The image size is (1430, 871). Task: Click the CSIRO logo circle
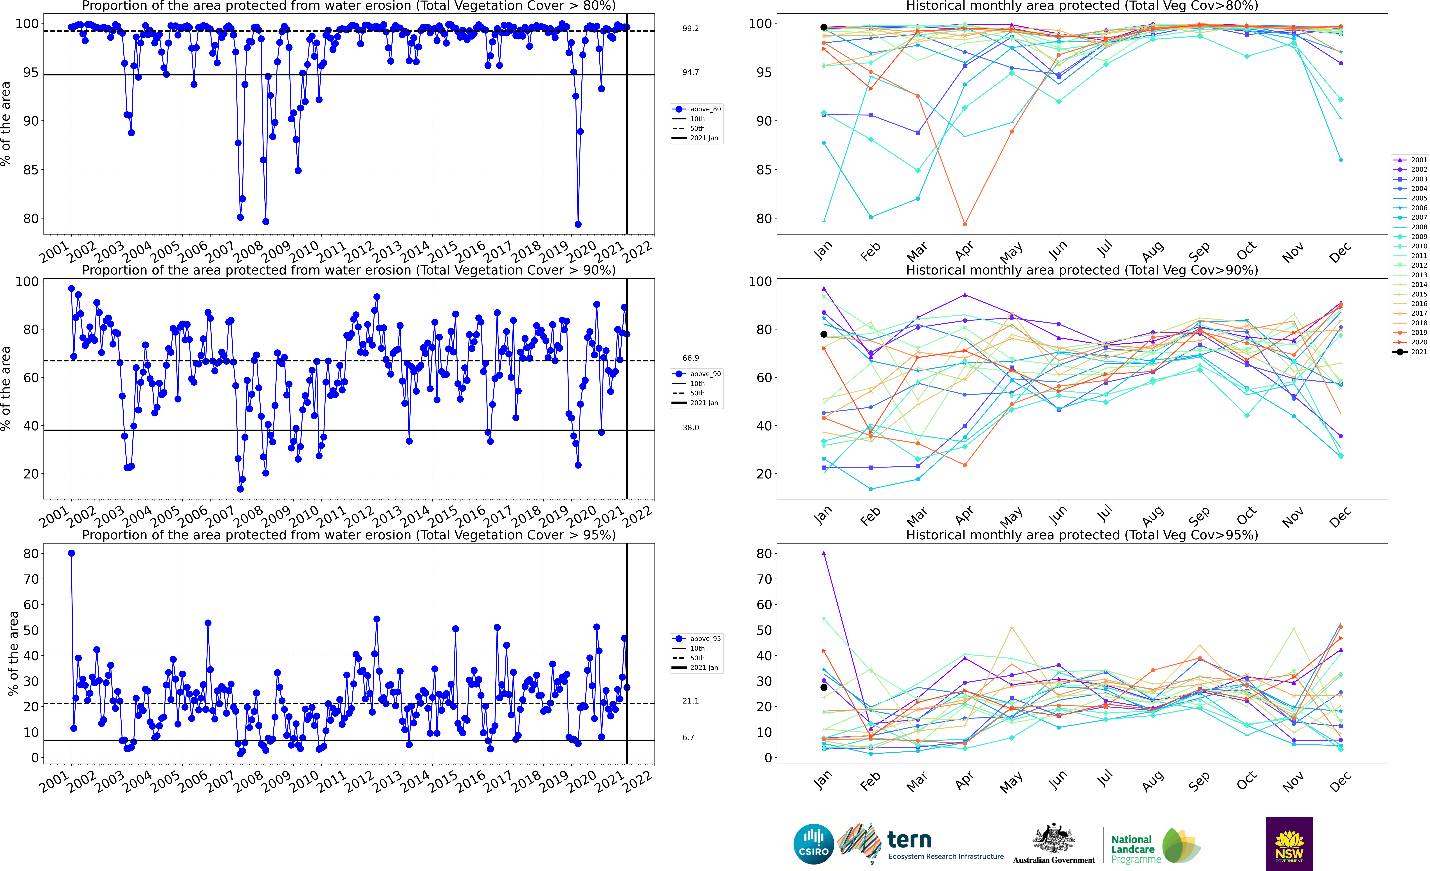coord(814,844)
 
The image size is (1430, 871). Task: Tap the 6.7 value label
coord(688,737)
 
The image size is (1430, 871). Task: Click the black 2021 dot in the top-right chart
coord(824,27)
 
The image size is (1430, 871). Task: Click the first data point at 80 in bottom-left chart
coord(71,553)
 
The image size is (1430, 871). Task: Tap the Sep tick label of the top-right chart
coord(1199,251)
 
